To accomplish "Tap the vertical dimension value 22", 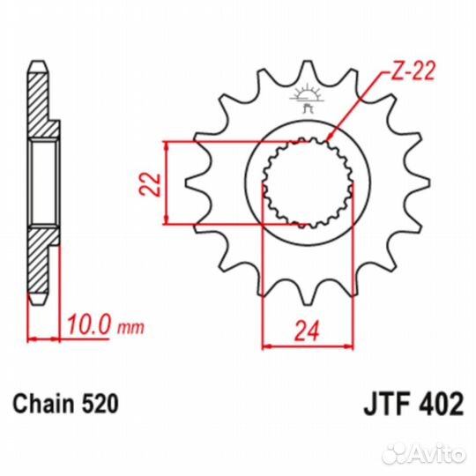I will coord(152,182).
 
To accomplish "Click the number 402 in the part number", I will coord(438,405).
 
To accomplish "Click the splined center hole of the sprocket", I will coord(306,183).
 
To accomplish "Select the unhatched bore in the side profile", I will coord(42,182).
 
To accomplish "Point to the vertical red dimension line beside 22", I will coord(166,182).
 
